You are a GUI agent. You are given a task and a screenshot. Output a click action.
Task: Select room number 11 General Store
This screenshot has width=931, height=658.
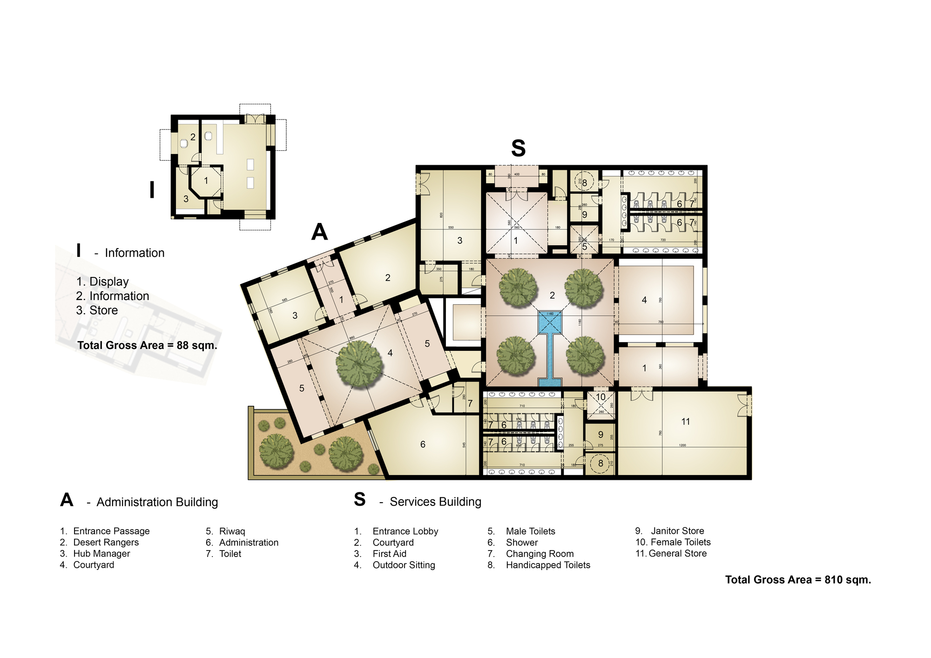tap(685, 422)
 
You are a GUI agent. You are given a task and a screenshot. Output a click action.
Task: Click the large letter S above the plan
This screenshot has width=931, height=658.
tap(518, 148)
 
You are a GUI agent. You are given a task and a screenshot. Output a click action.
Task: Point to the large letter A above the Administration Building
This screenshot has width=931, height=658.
tap(319, 232)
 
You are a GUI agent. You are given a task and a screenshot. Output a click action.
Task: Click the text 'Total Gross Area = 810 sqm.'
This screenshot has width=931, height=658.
tap(798, 580)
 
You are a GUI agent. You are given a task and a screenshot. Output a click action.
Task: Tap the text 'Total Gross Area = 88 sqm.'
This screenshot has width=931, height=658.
tap(147, 345)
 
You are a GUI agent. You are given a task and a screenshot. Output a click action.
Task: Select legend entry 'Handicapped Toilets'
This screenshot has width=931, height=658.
tap(547, 565)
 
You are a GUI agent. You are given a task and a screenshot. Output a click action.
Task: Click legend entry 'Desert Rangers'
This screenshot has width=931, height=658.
tap(106, 542)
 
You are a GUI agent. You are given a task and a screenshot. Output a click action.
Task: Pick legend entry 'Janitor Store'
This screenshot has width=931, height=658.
tap(677, 531)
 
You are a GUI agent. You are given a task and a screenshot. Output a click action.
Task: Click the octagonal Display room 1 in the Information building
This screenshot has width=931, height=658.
tap(206, 181)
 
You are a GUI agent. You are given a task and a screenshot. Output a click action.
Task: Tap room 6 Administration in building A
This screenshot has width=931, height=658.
tap(423, 444)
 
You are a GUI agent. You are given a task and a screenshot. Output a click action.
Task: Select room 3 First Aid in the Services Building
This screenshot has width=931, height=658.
tap(459, 241)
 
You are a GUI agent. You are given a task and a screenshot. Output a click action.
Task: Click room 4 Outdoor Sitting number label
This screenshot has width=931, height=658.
tap(644, 300)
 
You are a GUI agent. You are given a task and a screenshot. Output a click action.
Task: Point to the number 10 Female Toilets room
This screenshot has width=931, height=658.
tap(600, 397)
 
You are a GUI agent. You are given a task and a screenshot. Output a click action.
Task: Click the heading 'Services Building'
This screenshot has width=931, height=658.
tap(435, 502)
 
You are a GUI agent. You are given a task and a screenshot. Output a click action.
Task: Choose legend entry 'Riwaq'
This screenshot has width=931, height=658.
tap(231, 531)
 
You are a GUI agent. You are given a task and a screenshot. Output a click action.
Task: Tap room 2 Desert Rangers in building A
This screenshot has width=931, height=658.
tap(387, 278)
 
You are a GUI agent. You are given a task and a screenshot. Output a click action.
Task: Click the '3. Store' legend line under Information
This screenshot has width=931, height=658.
tap(97, 310)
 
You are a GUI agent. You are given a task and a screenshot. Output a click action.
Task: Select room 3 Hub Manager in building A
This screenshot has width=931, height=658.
tap(295, 316)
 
